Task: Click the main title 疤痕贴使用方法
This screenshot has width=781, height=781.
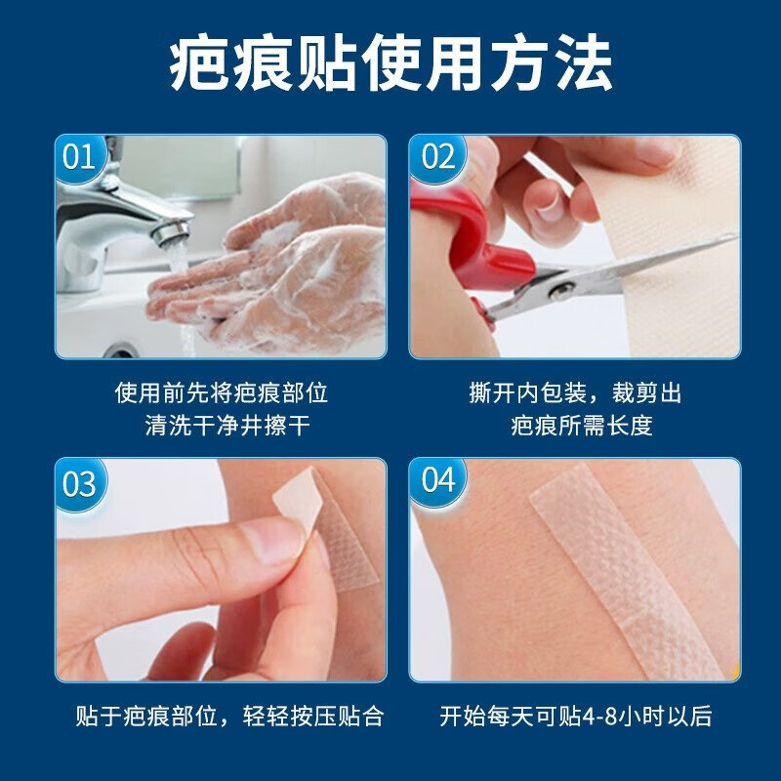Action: pos(390,65)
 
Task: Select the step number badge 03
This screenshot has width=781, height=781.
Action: pos(81,483)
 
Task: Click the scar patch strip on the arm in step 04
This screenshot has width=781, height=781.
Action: pos(625,576)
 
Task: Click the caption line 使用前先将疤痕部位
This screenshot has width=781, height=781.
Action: pos(222,392)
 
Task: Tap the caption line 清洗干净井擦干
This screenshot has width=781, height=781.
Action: pos(222,426)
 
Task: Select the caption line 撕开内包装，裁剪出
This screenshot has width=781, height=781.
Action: pos(575,392)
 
